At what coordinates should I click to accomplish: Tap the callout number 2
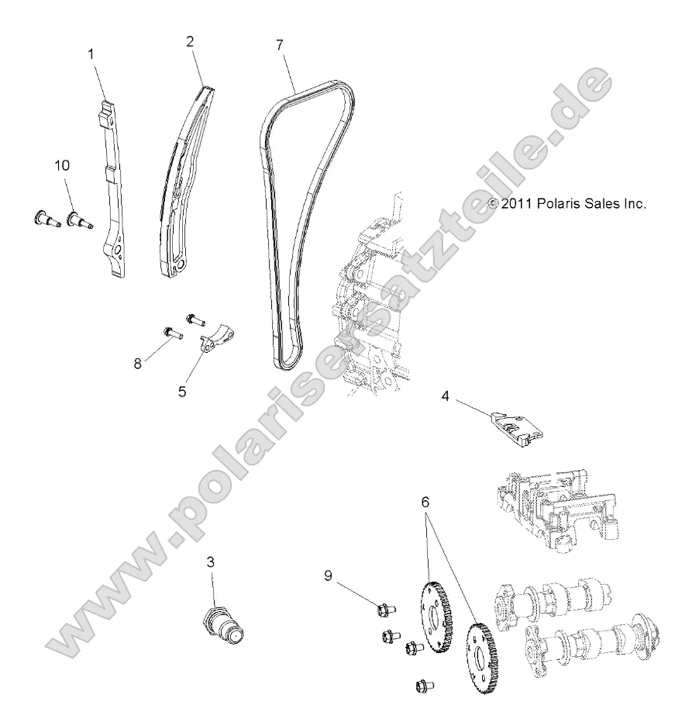(x=190, y=43)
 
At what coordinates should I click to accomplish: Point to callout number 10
(x=62, y=164)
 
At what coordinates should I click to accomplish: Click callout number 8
(x=138, y=363)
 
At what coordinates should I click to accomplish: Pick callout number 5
(x=182, y=392)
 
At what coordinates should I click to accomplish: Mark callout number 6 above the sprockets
(x=425, y=502)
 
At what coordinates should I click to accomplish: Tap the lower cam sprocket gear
(x=483, y=656)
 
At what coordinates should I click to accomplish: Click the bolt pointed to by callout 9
(x=382, y=610)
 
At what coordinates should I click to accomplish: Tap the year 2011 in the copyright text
(x=517, y=204)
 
